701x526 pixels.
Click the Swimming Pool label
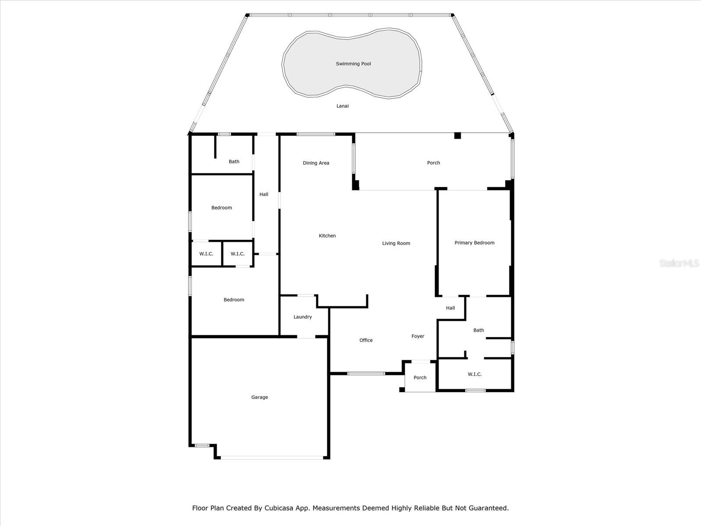pyautogui.click(x=353, y=64)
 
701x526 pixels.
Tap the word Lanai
pyautogui.click(x=343, y=106)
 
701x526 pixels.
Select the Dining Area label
pyautogui.click(x=316, y=163)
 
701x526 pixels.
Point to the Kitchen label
pyautogui.click(x=327, y=236)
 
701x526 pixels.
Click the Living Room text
pyautogui.click(x=396, y=243)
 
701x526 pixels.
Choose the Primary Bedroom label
pyautogui.click(x=474, y=243)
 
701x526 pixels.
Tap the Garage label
pyautogui.click(x=259, y=397)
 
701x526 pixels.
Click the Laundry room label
pyautogui.click(x=303, y=317)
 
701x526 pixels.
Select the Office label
pyautogui.click(x=366, y=340)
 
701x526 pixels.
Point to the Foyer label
pyautogui.click(x=418, y=336)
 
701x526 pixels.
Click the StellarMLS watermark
pyautogui.click(x=679, y=263)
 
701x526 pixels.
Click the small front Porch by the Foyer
pyautogui.click(x=420, y=377)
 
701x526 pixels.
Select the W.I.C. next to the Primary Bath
pyautogui.click(x=474, y=374)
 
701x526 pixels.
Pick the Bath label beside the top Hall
pyautogui.click(x=234, y=162)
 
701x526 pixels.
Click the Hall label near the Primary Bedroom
pyautogui.click(x=450, y=308)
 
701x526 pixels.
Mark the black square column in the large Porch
pyautogui.click(x=457, y=135)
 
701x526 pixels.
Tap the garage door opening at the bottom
pyautogui.click(x=272, y=458)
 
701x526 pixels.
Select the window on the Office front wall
pyautogui.click(x=366, y=373)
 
